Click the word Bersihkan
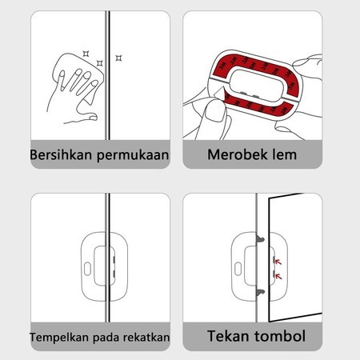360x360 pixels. (x=61, y=154)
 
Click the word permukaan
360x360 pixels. (x=133, y=155)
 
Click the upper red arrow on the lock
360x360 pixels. (x=278, y=262)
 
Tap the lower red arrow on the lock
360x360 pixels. (x=278, y=276)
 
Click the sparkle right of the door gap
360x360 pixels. (x=118, y=58)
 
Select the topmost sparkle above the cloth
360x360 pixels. (x=86, y=54)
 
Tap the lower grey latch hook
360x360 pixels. (x=261, y=292)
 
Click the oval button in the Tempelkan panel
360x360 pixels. (x=87, y=269)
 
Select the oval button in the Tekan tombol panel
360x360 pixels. (x=238, y=269)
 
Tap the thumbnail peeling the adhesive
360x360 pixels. (x=214, y=111)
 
